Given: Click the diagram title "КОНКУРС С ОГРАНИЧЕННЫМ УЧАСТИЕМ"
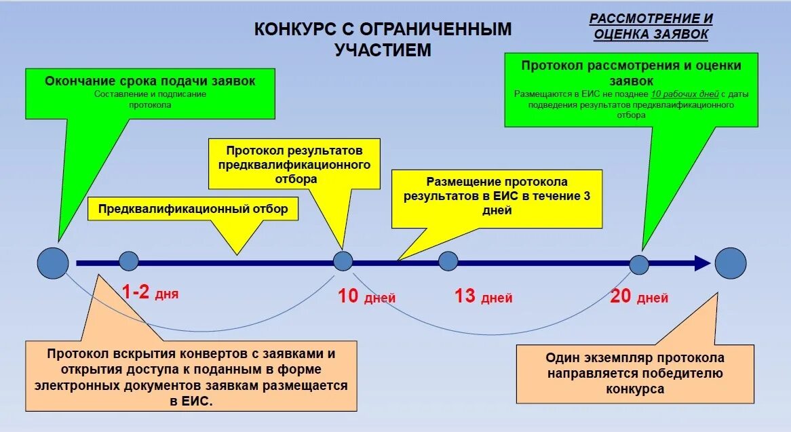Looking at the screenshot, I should pos(383,39).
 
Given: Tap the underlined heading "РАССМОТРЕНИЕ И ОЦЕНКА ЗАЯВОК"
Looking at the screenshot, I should pos(651,26).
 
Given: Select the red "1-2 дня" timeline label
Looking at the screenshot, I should pos(150,292).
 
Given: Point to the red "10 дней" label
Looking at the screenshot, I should pos(366,296).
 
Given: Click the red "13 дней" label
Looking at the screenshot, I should pos(483,296).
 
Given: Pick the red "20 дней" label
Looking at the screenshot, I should pos(639,296).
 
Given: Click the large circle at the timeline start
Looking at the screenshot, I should pos(53,262).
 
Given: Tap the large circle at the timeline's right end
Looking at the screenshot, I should pos(730,262).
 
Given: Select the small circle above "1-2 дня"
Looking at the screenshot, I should pos(129,261).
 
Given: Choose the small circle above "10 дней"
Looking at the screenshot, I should pos(343,261).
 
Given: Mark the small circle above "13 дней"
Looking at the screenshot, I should pos(448,261).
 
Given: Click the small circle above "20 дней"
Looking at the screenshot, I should pos(639,264).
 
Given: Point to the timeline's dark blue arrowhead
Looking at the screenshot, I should pos(701,263).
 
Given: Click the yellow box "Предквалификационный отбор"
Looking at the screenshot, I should pos(193,209).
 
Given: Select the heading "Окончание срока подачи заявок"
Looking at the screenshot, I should pos(150,81).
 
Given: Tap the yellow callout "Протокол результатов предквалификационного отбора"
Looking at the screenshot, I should pos(294,164).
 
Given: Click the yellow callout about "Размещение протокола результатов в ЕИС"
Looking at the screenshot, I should pos(497,197).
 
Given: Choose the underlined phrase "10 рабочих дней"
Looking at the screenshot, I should pos(684,95).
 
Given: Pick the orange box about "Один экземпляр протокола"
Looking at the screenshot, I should pos(634,374).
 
